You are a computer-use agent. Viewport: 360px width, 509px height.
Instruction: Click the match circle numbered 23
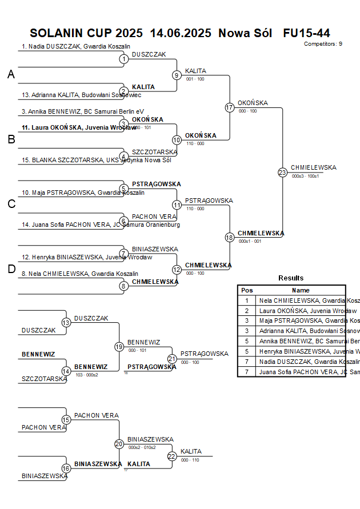282,173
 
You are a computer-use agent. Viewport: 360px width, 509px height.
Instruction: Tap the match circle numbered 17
230,107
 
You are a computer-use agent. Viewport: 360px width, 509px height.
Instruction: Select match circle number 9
177,75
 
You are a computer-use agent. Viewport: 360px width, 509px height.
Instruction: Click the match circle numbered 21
172,358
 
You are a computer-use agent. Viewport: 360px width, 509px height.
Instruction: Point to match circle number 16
66,468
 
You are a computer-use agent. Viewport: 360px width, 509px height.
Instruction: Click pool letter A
11,75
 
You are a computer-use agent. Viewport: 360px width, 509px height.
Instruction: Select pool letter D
11,269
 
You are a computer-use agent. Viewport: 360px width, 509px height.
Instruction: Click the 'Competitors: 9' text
323,44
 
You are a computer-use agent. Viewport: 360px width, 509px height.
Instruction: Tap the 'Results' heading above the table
291,278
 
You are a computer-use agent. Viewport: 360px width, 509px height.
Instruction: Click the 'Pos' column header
247,290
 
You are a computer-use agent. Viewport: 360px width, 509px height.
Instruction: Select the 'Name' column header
301,290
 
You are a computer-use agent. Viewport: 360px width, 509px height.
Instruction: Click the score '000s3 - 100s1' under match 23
305,177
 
